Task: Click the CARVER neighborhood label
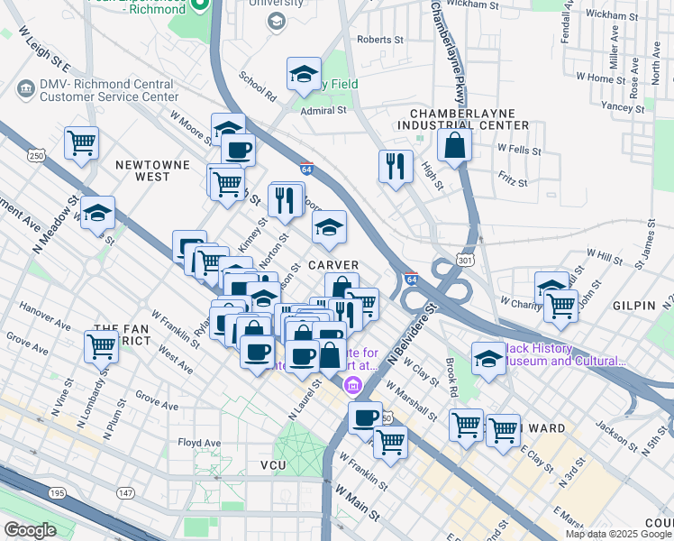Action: tap(333, 265)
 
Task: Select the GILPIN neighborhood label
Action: tap(633, 306)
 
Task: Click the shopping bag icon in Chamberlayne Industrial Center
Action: tap(455, 144)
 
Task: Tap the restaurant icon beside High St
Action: tap(396, 166)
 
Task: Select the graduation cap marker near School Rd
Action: tap(305, 74)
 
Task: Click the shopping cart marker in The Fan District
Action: tap(102, 345)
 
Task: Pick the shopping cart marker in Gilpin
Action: tap(560, 307)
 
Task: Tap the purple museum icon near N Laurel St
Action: tap(351, 388)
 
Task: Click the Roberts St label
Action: tap(379, 40)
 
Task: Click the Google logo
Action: tap(30, 530)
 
